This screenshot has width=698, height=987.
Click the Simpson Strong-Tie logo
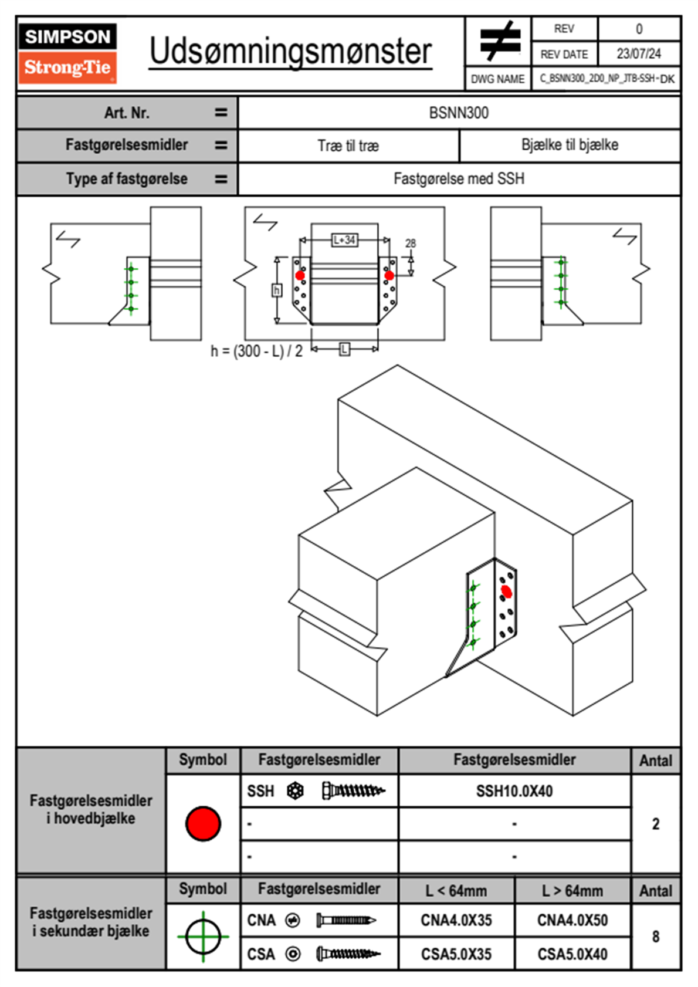(67, 53)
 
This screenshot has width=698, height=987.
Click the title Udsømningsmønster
(290, 52)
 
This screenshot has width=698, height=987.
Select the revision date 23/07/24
(638, 54)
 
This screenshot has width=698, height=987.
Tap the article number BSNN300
(459, 113)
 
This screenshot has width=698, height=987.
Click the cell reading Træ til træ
(348, 146)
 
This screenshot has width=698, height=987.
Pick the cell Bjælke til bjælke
(570, 145)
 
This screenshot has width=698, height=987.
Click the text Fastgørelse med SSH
(459, 178)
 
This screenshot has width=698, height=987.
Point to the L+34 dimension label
(344, 240)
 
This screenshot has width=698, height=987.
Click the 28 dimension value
(411, 243)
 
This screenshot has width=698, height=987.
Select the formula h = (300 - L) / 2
(256, 351)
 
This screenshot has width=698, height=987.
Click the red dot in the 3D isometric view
(507, 592)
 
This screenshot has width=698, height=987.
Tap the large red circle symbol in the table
(203, 823)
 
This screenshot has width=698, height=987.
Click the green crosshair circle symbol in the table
(203, 937)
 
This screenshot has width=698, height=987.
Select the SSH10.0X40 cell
(514, 791)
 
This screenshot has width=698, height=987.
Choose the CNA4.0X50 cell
(572, 920)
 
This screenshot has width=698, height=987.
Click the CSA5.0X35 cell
(456, 954)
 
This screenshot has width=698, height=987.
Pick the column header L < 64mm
(456, 891)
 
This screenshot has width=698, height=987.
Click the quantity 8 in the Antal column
(656, 937)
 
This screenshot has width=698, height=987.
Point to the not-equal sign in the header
(499, 41)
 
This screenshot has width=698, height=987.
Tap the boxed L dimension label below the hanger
(344, 349)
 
